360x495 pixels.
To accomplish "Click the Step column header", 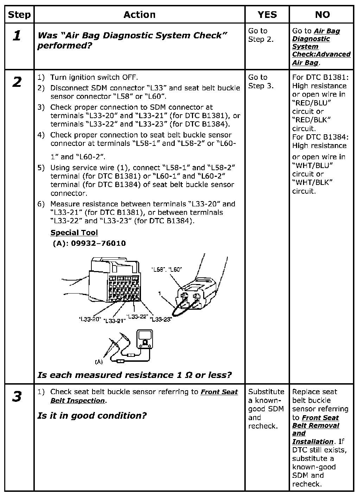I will coord(19,15).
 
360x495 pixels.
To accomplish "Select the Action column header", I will coord(139,15).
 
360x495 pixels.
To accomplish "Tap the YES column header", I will coord(267,15).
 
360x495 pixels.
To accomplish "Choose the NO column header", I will coord(322,15).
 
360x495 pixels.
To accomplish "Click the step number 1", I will coord(17,36).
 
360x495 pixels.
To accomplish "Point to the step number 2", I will coord(17,82).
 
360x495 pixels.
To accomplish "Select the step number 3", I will coord(17,397).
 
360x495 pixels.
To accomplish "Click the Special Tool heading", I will coord(74,233).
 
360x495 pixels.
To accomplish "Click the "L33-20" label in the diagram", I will coord(90,319).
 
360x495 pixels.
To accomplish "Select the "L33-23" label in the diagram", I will coord(161,319).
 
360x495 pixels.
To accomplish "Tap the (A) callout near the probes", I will coord(99,361).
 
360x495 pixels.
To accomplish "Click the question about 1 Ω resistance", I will coord(135,375).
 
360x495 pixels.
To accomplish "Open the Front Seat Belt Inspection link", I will coord(144,396).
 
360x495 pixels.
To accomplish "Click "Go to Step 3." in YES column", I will coord(261,82).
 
